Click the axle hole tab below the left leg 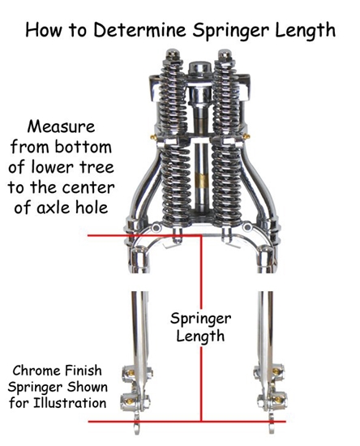click(135, 420)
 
